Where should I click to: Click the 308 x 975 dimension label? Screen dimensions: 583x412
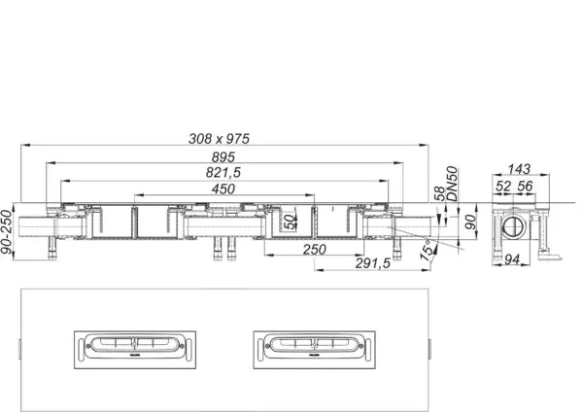[219, 139]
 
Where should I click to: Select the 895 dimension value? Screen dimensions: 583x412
[223, 157]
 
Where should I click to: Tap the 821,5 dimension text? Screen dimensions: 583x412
[223, 173]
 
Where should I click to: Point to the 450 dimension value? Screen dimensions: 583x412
[223, 189]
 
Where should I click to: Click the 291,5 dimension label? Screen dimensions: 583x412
[373, 263]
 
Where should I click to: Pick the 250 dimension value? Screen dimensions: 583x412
[315, 249]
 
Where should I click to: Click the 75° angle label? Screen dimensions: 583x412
[429, 250]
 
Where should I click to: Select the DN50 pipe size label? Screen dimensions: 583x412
[452, 184]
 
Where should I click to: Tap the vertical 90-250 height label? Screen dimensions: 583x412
[7, 232]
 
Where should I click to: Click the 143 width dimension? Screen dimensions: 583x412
[519, 169]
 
